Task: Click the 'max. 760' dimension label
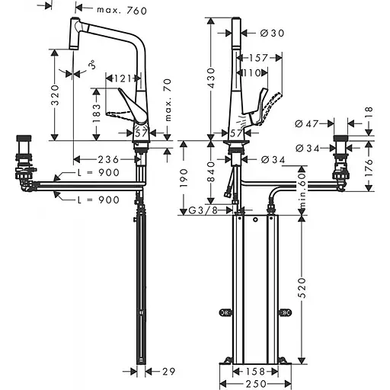click(x=122, y=11)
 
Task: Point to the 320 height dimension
click(x=55, y=95)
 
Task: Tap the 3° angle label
click(x=92, y=65)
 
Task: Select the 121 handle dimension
click(x=122, y=78)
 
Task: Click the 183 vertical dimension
click(x=97, y=113)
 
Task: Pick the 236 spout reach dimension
click(x=108, y=159)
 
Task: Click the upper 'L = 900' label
click(x=98, y=173)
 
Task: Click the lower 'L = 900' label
click(x=98, y=200)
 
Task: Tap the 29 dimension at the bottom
click(x=169, y=372)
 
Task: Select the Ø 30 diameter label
click(x=272, y=33)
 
